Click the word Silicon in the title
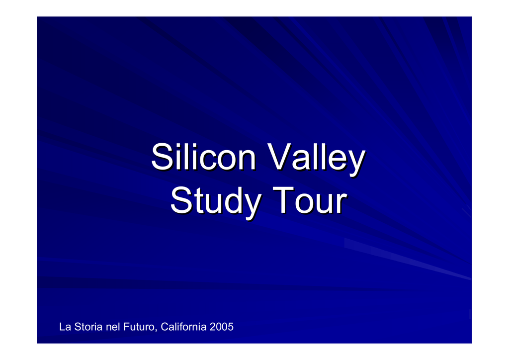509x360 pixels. coord(204,157)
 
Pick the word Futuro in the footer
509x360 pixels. coord(140,327)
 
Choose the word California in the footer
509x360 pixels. coord(183,327)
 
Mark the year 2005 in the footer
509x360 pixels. coord(221,327)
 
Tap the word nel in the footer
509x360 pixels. coord(113,327)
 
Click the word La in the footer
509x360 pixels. coord(65,327)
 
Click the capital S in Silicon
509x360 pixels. coord(163,157)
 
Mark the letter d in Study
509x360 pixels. coord(231,200)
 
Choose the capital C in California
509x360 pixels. coord(165,327)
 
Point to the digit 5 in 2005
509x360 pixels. coord(230,327)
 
